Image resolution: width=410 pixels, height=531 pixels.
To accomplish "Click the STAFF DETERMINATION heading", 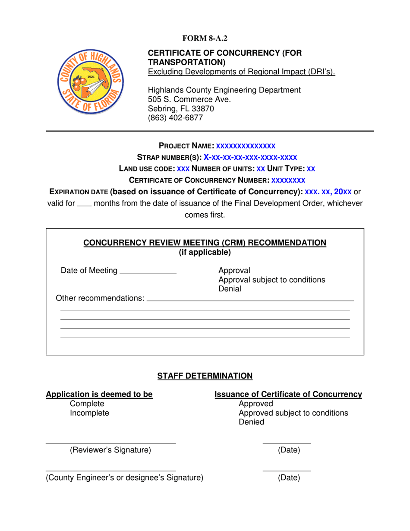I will [x=205, y=376].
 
